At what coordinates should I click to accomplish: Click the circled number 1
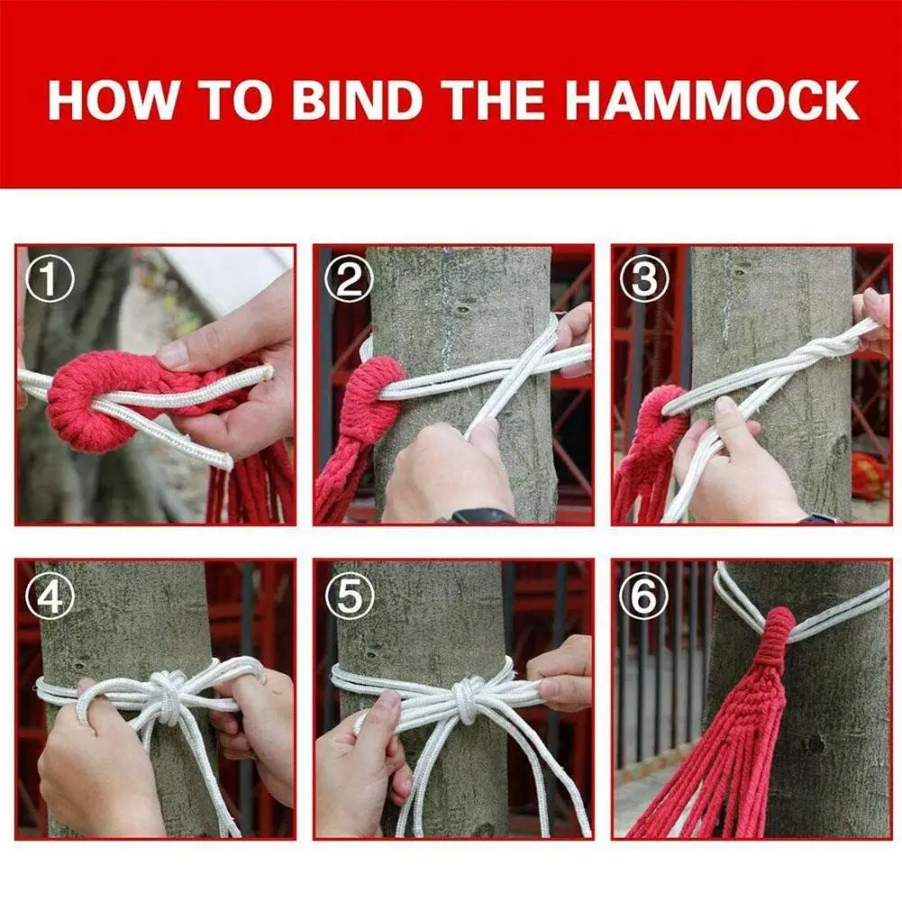tap(50, 279)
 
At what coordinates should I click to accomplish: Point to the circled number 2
tap(348, 279)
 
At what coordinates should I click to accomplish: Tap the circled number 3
tap(644, 279)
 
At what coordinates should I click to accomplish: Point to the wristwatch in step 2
tap(480, 515)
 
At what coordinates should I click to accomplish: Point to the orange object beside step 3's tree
tap(868, 475)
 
